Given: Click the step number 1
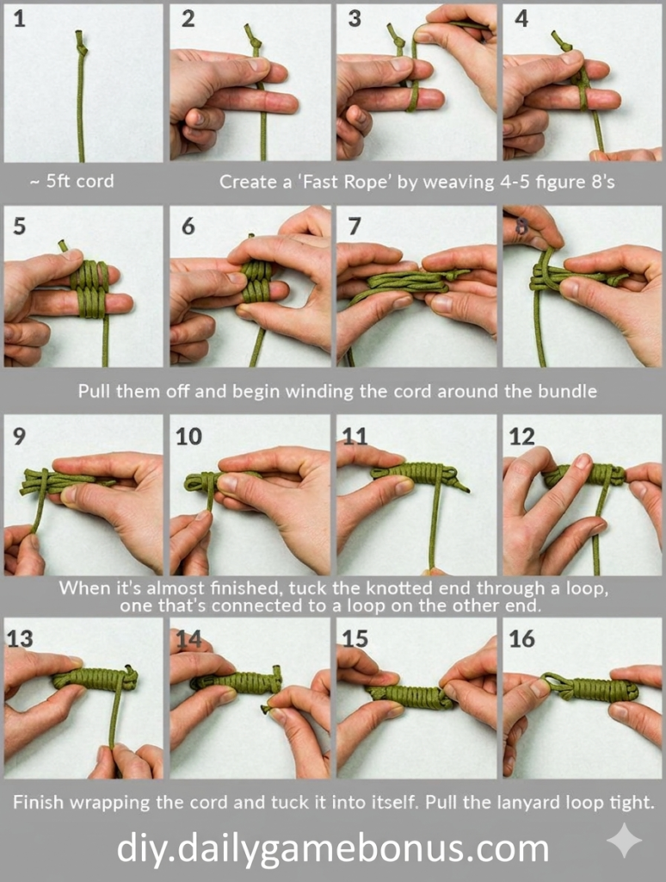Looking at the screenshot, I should pos(19,19).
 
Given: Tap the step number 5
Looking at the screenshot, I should pos(20,227).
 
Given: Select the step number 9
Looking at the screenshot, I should pos(19,437).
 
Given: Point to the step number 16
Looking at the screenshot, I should pos(522,639).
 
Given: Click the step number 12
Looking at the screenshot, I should pos(521,437).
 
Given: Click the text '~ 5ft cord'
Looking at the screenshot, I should pos(71,182).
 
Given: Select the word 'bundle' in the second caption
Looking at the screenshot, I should pos(568,391).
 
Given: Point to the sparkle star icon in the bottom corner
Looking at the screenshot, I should pos(623,840).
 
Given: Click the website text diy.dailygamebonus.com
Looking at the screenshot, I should pos(332,848).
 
